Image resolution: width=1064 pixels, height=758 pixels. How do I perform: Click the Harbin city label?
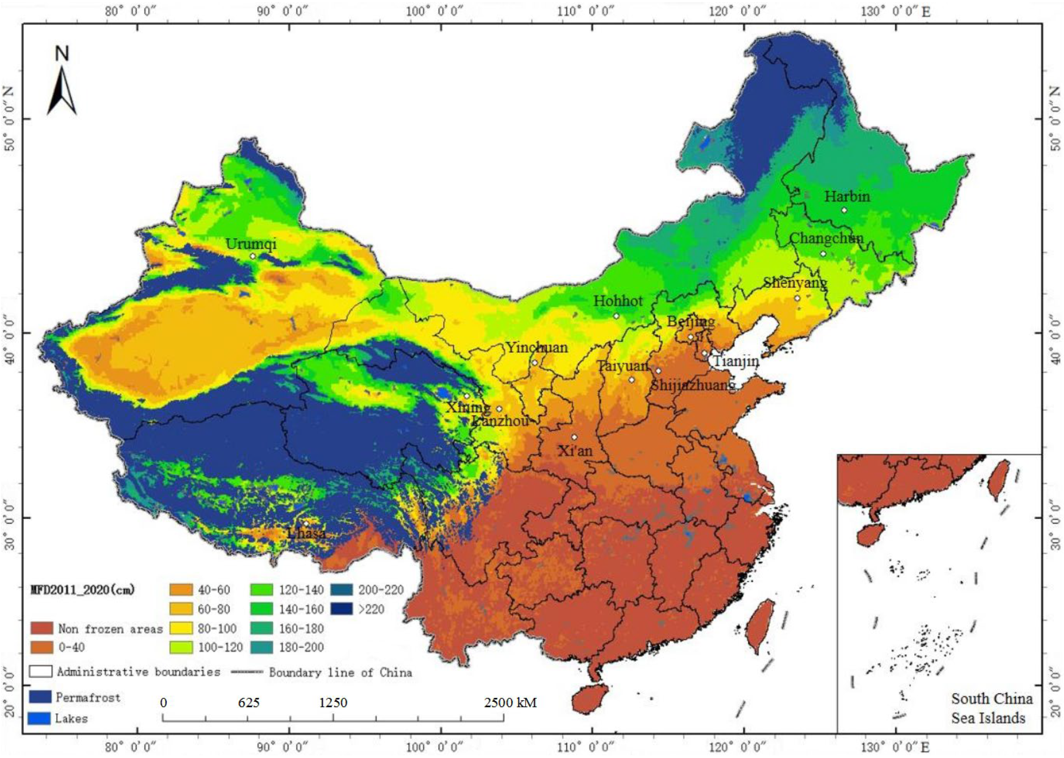pos(846,196)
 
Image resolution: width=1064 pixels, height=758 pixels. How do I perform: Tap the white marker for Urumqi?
pos(253,256)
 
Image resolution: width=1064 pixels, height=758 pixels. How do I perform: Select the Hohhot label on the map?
pos(618,301)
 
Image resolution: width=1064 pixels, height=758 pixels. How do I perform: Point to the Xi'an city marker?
pos(574,437)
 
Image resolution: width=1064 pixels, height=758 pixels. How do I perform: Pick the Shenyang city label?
pos(795,283)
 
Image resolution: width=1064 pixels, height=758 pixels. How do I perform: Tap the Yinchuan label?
pos(537,347)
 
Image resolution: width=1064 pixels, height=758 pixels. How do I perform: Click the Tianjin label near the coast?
pos(736,361)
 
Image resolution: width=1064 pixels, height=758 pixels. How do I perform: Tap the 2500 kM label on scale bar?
pos(510,703)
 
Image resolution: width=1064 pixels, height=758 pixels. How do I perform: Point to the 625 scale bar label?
pos(248,703)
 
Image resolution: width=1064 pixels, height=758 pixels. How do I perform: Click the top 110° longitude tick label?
pos(586,11)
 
